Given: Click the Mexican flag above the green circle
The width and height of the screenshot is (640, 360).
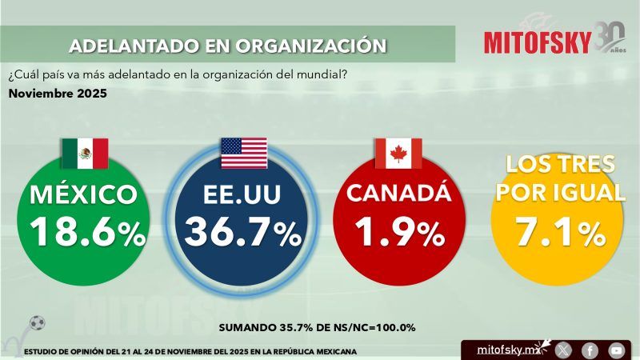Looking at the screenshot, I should [x=84, y=154].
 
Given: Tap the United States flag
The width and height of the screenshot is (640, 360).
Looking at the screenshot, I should [x=244, y=154].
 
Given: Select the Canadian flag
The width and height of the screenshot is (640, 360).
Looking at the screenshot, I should [x=398, y=154].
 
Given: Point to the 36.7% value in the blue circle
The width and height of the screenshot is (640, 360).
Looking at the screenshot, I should [x=243, y=232].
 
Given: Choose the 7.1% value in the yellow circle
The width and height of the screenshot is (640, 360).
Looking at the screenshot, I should [x=559, y=232].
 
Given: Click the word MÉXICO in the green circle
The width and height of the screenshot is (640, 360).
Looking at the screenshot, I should [x=82, y=194].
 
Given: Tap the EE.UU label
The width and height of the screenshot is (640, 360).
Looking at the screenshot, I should [x=242, y=194].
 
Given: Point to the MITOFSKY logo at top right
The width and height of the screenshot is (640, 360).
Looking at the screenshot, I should [x=538, y=41].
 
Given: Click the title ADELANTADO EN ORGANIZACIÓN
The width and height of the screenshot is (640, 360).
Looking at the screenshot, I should [x=222, y=45].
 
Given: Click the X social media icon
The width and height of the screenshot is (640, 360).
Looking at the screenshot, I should [x=563, y=350].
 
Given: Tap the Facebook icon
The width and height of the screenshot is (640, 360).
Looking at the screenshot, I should [x=590, y=350].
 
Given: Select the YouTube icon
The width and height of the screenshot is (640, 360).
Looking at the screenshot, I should [x=615, y=350].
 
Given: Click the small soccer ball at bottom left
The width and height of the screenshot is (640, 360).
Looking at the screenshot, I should [x=37, y=323].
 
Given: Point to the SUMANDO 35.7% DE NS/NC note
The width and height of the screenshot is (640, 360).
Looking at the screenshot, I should [x=317, y=328].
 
